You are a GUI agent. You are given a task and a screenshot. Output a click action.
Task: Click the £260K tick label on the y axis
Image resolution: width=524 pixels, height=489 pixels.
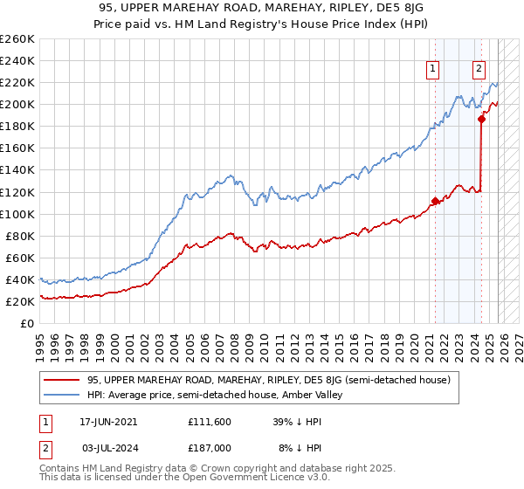(17, 39)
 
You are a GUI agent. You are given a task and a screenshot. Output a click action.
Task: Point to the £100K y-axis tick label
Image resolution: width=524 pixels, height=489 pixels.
(17, 214)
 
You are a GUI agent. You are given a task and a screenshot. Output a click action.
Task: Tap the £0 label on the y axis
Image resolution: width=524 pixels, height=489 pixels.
(28, 323)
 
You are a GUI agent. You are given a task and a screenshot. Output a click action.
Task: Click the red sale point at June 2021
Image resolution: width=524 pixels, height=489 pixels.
(435, 201)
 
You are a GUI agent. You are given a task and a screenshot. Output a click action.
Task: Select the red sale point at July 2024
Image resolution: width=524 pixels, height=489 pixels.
(481, 120)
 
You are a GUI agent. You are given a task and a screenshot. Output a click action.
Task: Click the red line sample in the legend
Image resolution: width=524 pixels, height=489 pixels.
(62, 380)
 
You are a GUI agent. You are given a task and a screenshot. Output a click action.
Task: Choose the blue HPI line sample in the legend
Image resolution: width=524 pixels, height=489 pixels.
(62, 395)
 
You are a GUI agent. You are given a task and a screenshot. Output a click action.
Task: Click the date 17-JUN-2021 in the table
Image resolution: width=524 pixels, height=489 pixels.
(107, 421)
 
